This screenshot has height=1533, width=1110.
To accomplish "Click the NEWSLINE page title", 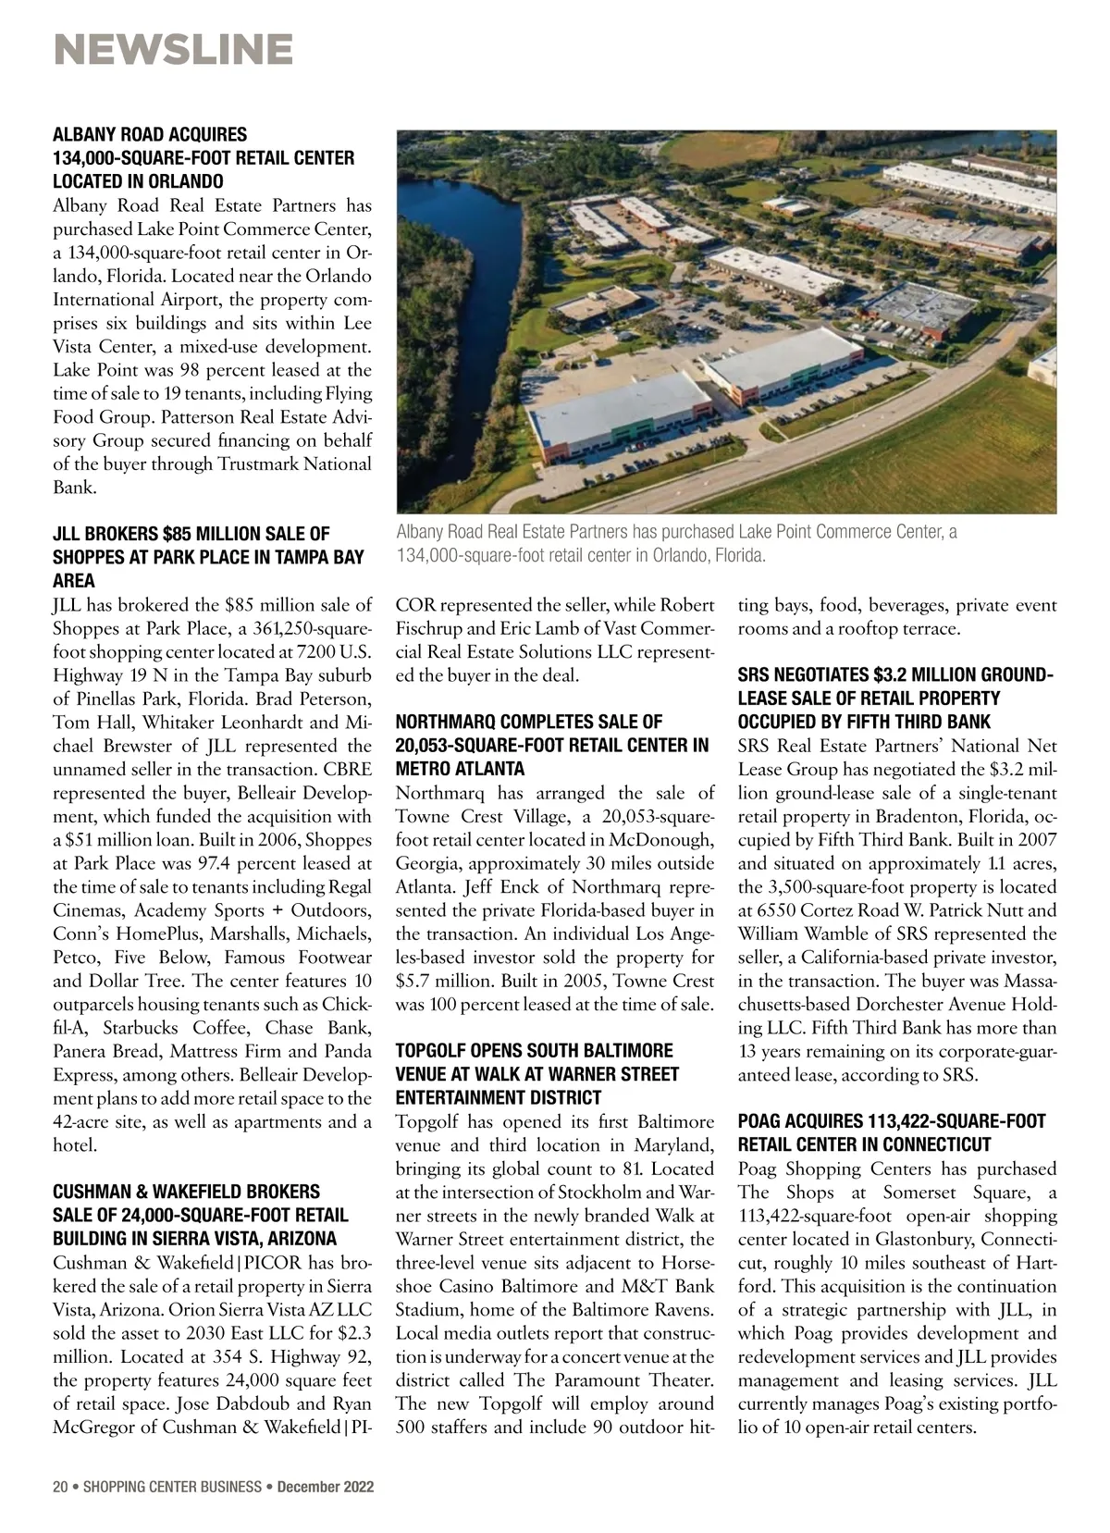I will (173, 49).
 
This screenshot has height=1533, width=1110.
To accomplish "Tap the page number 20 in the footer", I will (60, 1488).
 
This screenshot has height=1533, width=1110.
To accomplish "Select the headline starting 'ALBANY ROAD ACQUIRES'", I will (150, 135).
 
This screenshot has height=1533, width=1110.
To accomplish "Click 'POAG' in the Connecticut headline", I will (761, 1121).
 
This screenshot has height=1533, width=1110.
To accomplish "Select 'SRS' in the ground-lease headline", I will (754, 674).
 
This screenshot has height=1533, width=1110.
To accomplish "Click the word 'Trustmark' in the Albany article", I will (268, 464).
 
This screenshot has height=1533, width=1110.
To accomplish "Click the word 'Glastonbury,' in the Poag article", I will (899, 1239).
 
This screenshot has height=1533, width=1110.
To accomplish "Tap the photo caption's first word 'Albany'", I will (419, 532).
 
